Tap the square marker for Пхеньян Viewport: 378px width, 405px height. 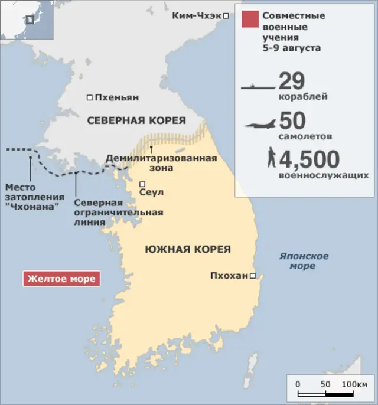pos(90,97)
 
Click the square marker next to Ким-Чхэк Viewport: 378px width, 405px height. pos(226,16)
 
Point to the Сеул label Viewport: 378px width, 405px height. pos(151,192)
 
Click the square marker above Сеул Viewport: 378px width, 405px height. pos(142,184)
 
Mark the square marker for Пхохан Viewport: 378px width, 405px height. pos(252,276)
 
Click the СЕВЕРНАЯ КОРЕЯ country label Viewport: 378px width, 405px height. pos(136,120)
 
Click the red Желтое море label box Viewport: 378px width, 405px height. pos(61,279)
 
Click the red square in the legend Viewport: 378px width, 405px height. pos(249,19)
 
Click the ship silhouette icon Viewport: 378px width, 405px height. pos(258,87)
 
